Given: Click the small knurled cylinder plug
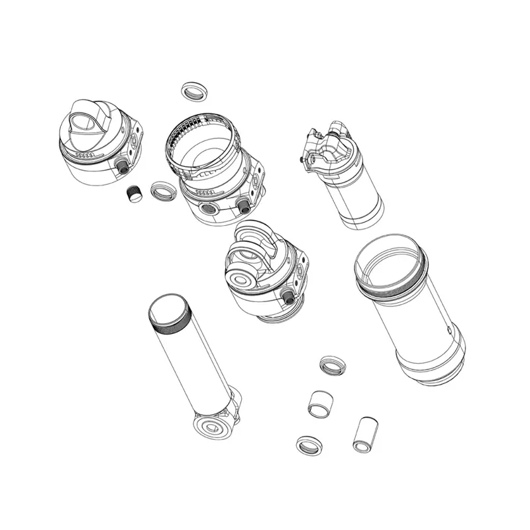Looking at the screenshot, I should point(136,193).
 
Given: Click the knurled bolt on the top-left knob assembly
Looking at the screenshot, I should point(122,166).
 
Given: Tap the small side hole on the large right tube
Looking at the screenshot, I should point(450,329).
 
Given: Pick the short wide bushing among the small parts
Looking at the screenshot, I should point(321,402).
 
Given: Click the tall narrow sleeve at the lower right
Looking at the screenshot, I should point(364,434).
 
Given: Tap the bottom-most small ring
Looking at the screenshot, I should point(309,445).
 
